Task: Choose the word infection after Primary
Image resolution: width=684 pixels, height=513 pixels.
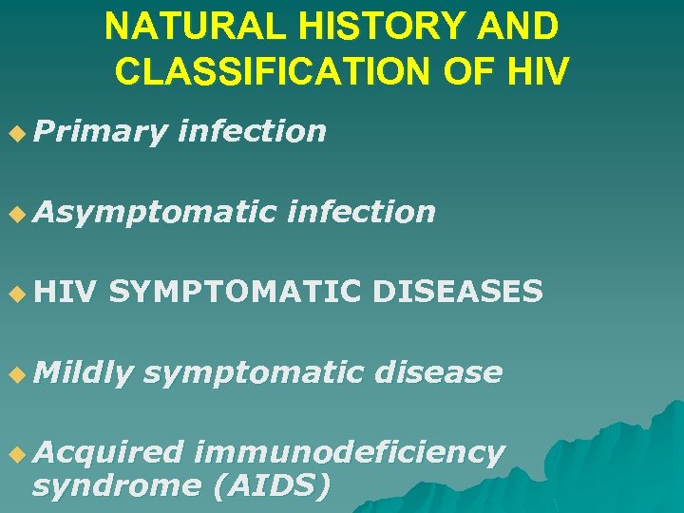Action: [x=252, y=131]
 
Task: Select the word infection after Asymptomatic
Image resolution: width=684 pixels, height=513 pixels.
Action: [x=361, y=211]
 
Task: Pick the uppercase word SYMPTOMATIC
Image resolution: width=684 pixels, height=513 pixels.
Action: [x=235, y=292]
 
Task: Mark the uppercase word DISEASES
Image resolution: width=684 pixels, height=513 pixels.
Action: [x=458, y=292]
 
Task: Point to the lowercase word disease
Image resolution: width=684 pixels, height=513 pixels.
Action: [x=438, y=372]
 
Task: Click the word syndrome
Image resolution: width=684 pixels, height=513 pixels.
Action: [x=115, y=485]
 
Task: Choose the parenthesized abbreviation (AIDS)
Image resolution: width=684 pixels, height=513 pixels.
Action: [x=271, y=485]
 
